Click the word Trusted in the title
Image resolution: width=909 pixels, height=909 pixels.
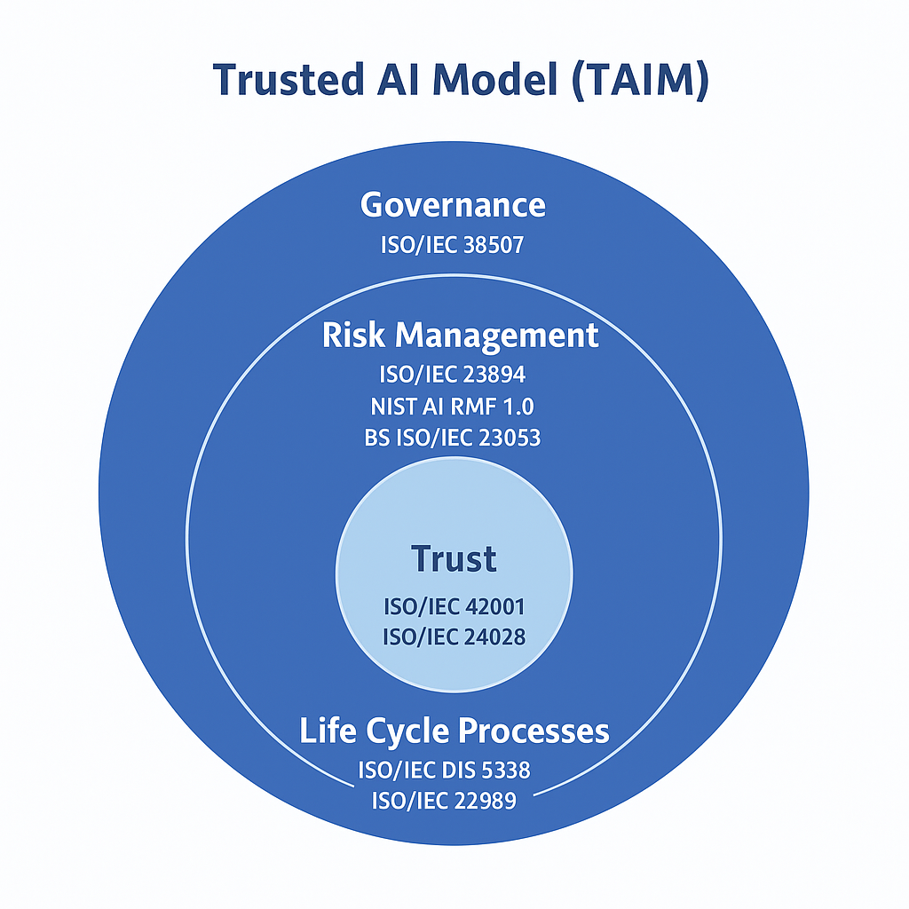click(289, 79)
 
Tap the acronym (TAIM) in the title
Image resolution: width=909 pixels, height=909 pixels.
click(640, 80)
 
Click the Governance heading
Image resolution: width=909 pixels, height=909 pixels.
click(453, 205)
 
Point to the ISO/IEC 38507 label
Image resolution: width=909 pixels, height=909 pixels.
click(452, 245)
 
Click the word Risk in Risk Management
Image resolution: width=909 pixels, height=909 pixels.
click(353, 335)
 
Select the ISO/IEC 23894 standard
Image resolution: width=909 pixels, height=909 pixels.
click(452, 374)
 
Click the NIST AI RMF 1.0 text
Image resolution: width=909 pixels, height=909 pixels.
click(452, 407)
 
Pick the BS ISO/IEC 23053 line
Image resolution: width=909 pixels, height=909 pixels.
click(452, 438)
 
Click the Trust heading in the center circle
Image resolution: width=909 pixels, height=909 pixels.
click(454, 559)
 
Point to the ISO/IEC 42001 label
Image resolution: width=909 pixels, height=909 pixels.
click(454, 607)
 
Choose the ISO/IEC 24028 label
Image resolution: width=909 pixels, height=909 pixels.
click(454, 637)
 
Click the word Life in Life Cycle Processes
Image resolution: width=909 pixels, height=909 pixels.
click(328, 730)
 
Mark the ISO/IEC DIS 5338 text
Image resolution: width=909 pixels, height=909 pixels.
click(444, 771)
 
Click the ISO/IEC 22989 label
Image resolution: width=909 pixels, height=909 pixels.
click(444, 801)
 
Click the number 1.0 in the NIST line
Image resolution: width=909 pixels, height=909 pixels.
click(518, 407)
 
